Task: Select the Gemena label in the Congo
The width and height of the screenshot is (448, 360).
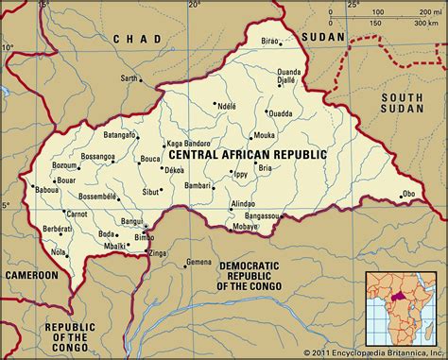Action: [x=198, y=261]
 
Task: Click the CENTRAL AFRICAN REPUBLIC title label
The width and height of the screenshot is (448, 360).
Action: [x=247, y=153]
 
